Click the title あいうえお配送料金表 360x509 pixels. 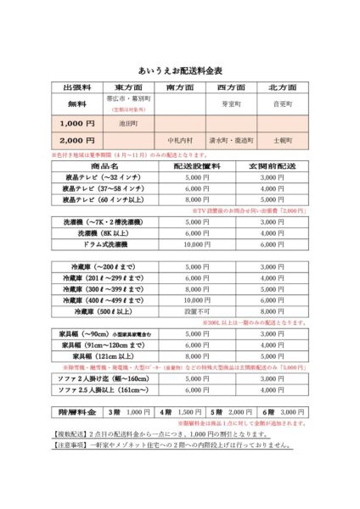[x=180, y=70]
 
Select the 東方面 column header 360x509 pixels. [x=128, y=87]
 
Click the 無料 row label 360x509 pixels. [x=77, y=103]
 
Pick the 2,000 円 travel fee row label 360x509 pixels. [x=77, y=139]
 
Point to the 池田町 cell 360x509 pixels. [x=128, y=123]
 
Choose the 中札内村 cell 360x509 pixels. [x=180, y=139]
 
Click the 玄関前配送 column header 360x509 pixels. [x=266, y=166]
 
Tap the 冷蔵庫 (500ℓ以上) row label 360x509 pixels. [x=102, y=311]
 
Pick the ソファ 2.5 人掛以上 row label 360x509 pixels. [x=102, y=389]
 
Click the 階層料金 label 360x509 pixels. [x=76, y=411]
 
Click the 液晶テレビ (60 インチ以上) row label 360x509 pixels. [x=102, y=199]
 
